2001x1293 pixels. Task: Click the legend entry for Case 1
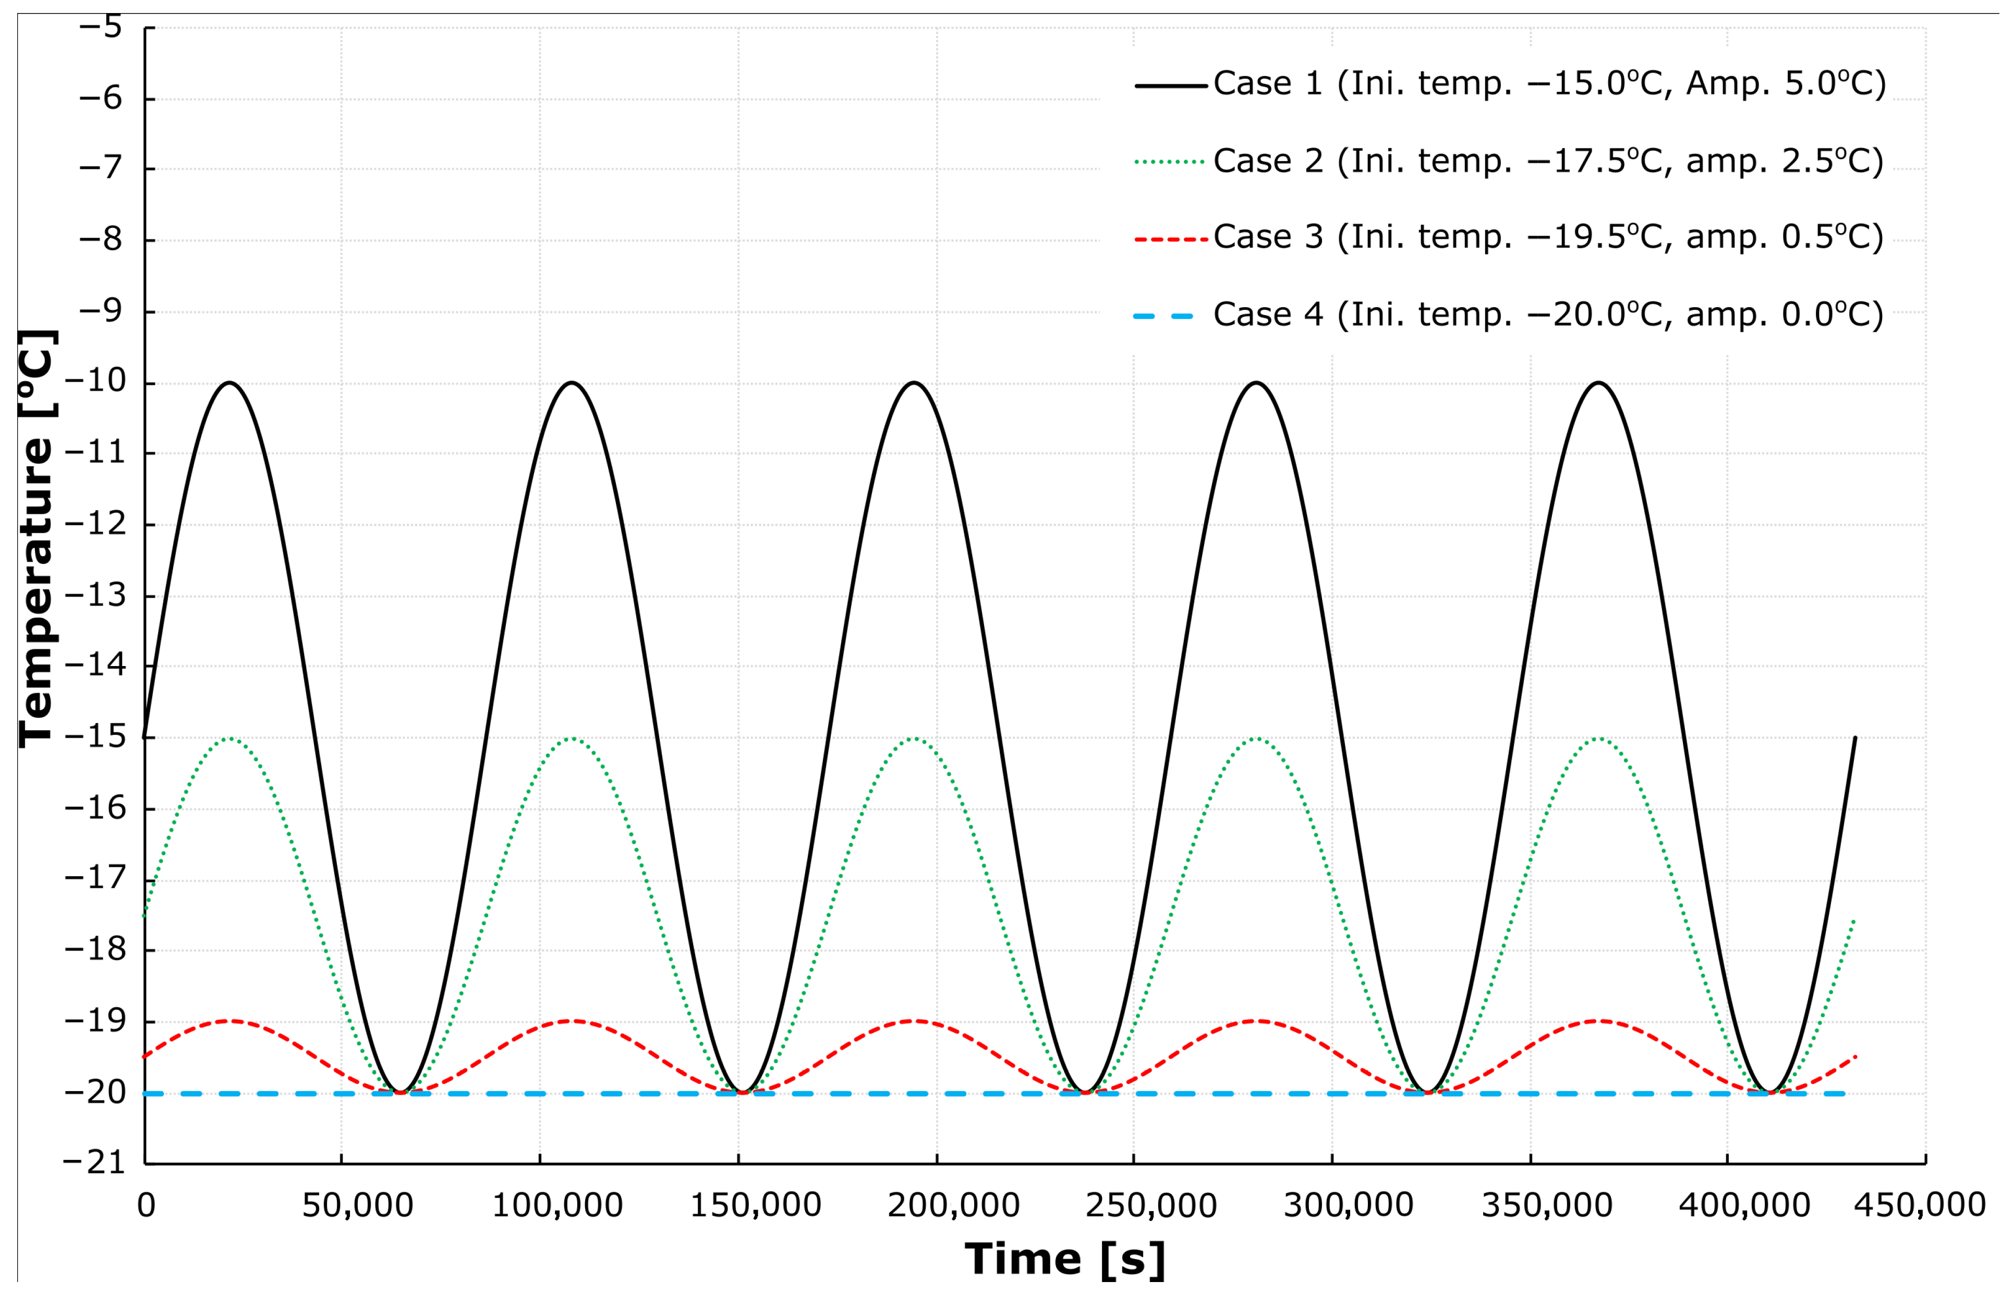[x=1548, y=83]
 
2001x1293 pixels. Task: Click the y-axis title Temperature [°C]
[x=37, y=537]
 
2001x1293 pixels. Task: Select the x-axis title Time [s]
[x=1064, y=1260]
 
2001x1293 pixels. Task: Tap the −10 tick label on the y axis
[x=95, y=381]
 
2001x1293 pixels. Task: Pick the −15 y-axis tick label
[x=95, y=737]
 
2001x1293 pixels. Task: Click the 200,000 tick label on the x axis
[x=953, y=1206]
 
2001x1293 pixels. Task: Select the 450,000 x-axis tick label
[x=1920, y=1206]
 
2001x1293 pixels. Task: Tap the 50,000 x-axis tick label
[x=358, y=1206]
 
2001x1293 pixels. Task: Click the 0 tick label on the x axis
[x=146, y=1206]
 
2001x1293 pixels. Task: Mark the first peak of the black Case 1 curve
[x=230, y=383]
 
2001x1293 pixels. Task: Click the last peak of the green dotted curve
[x=1599, y=739]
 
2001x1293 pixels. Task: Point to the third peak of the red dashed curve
[x=914, y=1021]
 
